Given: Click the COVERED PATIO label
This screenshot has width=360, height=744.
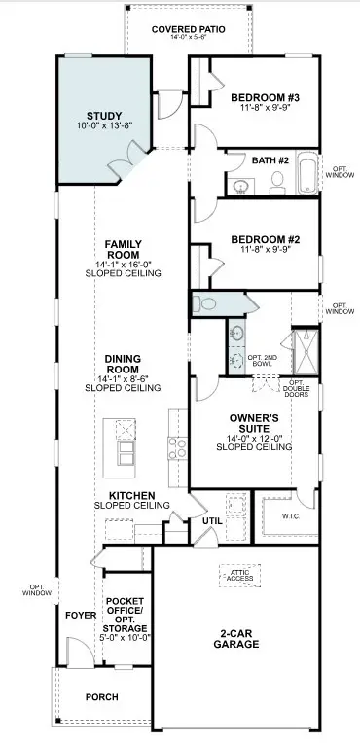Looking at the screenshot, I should coord(188,30).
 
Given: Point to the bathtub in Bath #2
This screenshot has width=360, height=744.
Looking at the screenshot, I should coord(307,173).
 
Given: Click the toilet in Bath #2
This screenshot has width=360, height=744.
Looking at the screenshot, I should coord(276,181).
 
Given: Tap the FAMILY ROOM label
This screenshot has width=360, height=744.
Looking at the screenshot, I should coord(124,250).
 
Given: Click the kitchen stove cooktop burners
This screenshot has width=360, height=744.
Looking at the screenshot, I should coord(178,448).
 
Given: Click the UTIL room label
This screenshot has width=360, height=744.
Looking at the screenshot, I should coord(211,521).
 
